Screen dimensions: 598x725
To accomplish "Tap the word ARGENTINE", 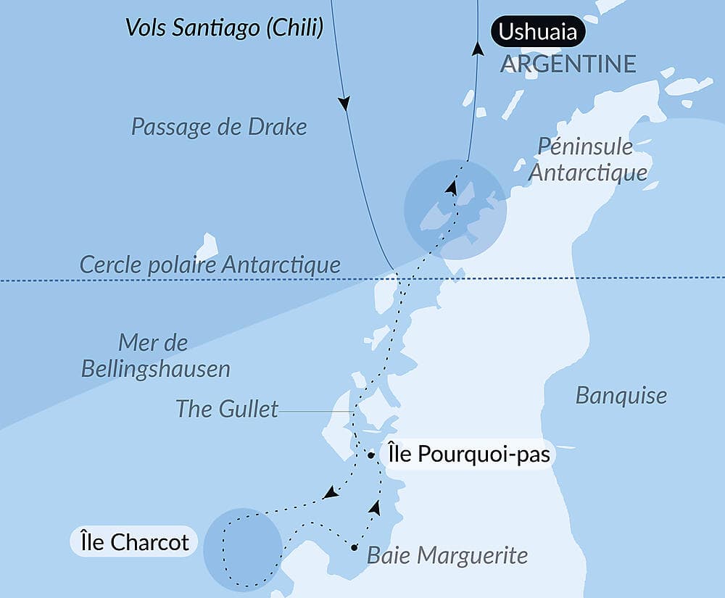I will [568, 64].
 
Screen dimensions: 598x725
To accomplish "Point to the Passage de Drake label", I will [219, 127].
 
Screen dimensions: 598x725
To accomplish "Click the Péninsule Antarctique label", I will [587, 159].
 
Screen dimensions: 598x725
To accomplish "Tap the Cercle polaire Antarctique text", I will [210, 265].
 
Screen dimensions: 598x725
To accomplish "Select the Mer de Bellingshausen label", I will [155, 355].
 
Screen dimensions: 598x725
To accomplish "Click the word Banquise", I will [621, 395].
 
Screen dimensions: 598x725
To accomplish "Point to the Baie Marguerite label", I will [447, 556].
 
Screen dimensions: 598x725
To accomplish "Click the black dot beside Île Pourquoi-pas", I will [370, 456].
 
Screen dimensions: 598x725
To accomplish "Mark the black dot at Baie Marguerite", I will [354, 547].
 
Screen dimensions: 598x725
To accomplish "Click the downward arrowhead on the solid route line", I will [345, 104].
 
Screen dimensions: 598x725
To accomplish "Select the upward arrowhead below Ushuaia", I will [477, 49].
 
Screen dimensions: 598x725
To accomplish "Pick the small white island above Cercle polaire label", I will [207, 246].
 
